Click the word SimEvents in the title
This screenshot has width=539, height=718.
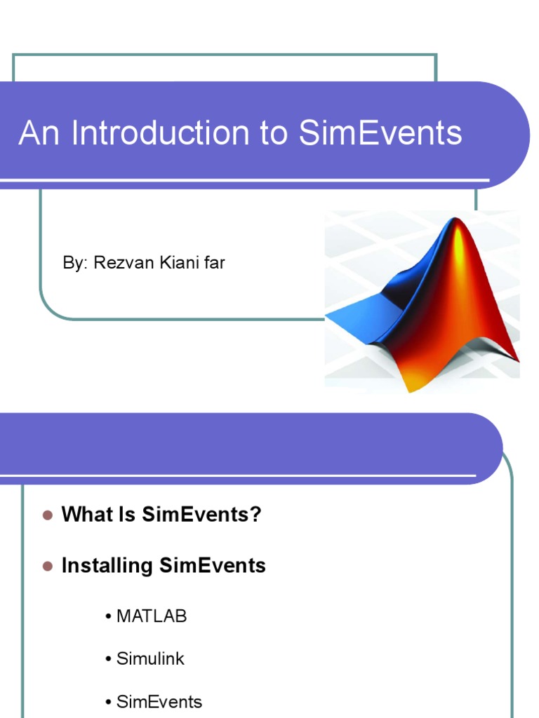pyautogui.click(x=380, y=133)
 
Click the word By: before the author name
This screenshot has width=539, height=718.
pyautogui.click(x=72, y=263)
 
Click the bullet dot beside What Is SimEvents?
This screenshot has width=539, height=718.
pyautogui.click(x=48, y=515)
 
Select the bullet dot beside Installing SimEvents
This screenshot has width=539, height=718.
pyautogui.click(x=48, y=566)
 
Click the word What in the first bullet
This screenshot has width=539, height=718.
pyautogui.click(x=86, y=515)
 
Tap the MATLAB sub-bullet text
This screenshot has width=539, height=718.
pyautogui.click(x=151, y=616)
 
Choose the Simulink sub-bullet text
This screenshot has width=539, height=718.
pyautogui.click(x=150, y=659)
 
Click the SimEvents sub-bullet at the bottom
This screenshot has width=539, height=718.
pyautogui.click(x=159, y=702)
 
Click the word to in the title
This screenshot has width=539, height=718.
pyautogui.click(x=274, y=133)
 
